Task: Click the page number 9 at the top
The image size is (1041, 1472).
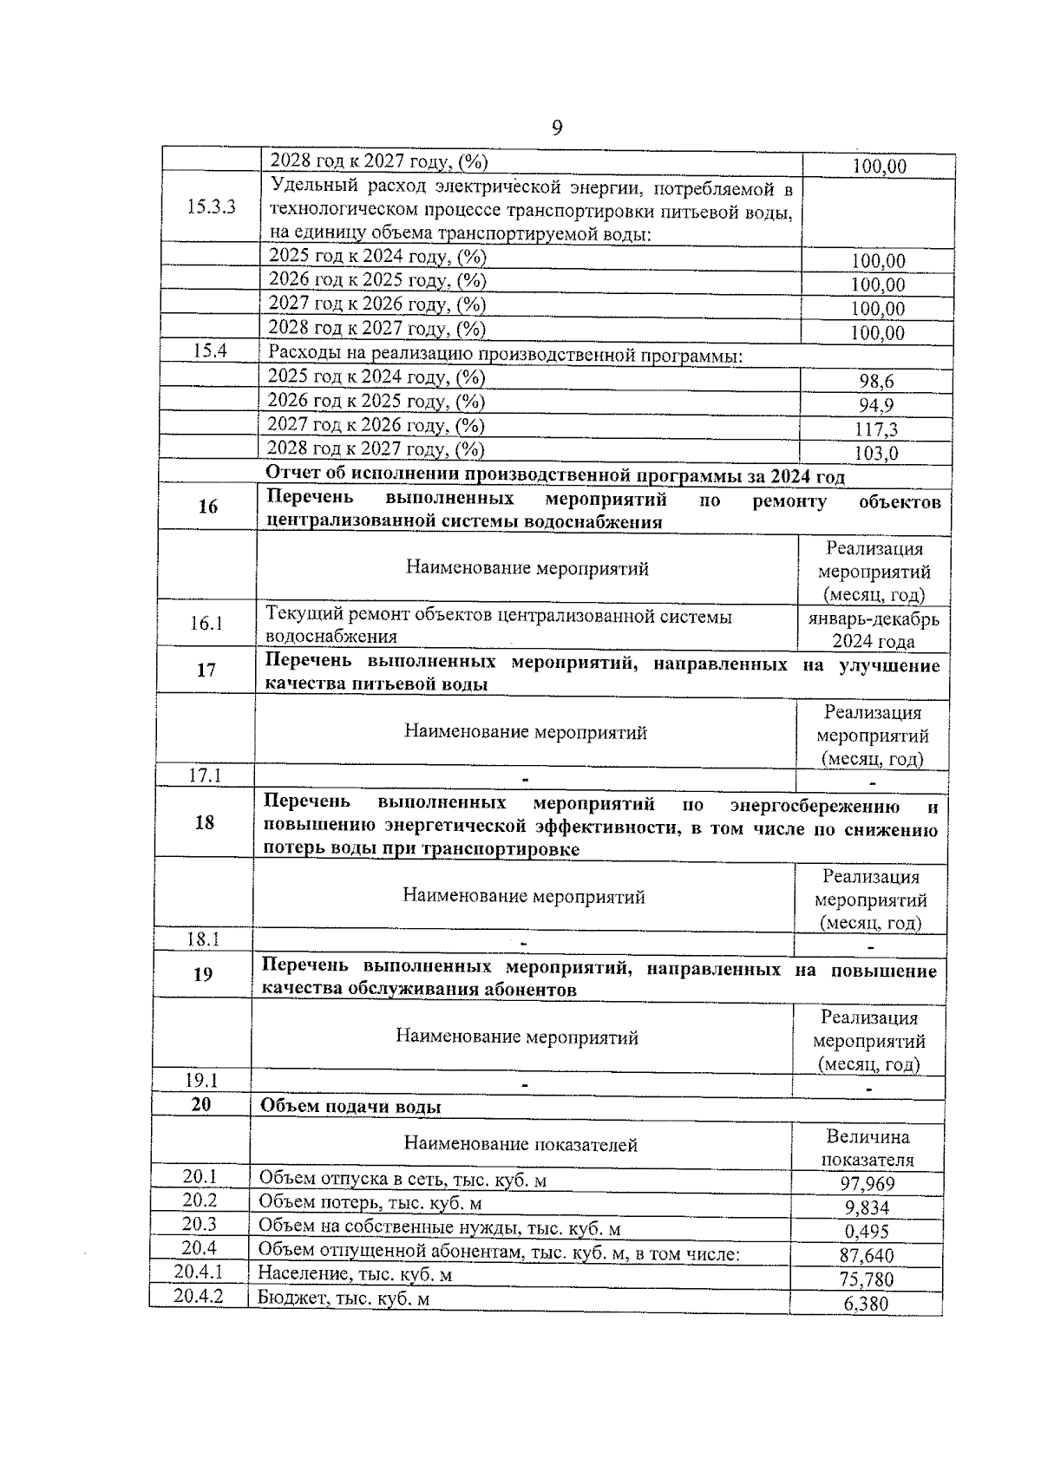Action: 556,128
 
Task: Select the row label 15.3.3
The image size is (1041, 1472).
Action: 211,207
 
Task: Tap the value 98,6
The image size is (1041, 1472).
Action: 875,382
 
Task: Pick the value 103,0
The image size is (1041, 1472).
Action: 875,454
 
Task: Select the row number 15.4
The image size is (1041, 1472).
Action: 209,351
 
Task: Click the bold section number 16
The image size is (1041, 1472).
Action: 207,507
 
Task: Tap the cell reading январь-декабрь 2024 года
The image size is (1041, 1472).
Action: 873,631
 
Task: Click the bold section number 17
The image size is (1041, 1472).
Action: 206,671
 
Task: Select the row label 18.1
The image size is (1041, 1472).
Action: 204,939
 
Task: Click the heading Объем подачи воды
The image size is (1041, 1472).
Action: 350,1108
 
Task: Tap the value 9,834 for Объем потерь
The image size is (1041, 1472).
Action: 867,1208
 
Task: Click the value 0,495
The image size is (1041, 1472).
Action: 867,1232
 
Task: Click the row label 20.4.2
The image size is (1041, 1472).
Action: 198,1297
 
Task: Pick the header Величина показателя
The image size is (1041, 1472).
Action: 867,1148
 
